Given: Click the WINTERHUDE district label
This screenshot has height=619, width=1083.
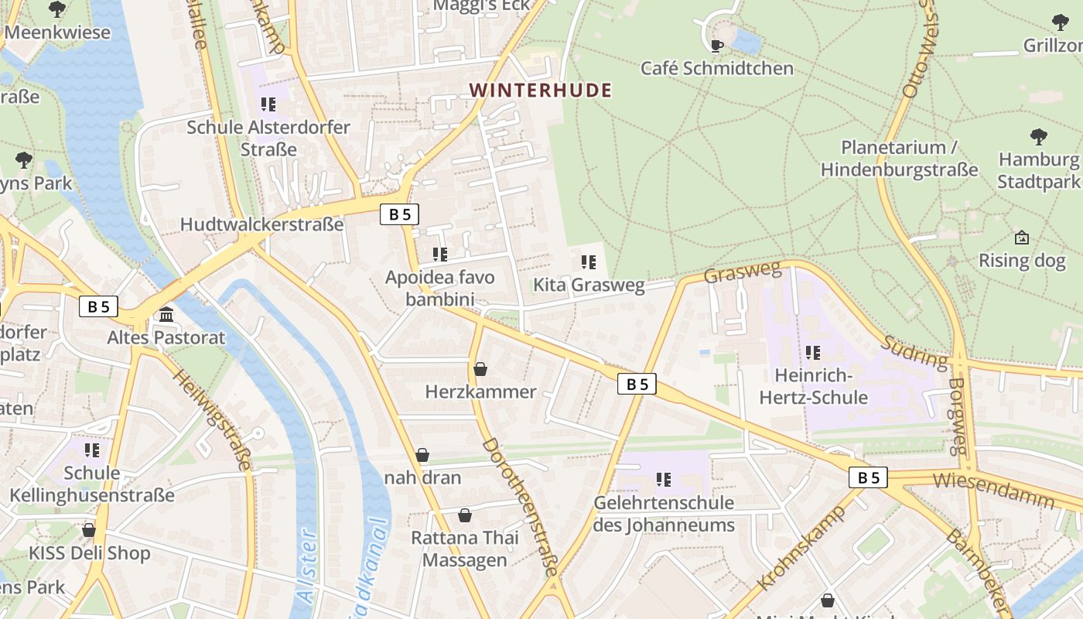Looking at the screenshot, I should (x=540, y=91).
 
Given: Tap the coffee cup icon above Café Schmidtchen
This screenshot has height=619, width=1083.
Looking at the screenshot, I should (x=717, y=46).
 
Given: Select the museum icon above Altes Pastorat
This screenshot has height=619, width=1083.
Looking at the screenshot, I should (x=166, y=315).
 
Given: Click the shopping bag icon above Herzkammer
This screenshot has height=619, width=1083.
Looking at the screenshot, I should (x=480, y=369).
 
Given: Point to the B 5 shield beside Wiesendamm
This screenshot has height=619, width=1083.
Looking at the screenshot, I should (x=869, y=477).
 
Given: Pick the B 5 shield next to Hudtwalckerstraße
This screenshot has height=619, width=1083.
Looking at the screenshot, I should (x=399, y=214).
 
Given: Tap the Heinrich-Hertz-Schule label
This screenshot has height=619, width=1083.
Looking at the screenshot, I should (x=813, y=387).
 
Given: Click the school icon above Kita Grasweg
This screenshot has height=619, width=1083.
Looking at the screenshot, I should (x=589, y=262).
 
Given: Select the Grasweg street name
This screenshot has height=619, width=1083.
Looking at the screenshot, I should (x=743, y=272).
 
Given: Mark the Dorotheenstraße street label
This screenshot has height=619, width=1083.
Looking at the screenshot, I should (x=520, y=507).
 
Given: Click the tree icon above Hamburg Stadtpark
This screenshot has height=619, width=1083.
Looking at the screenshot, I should (x=1038, y=137).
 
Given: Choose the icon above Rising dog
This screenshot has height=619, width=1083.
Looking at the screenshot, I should (x=1021, y=238).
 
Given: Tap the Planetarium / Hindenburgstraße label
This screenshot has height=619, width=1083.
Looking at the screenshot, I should (x=898, y=158).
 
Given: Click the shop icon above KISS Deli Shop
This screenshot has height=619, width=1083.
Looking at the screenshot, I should (x=89, y=530).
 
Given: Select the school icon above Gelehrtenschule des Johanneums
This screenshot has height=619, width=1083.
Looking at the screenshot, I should (x=664, y=480).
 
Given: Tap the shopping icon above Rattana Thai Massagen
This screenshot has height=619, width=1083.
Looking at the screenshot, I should (x=465, y=515).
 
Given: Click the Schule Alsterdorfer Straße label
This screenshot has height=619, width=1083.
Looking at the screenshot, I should (x=268, y=138).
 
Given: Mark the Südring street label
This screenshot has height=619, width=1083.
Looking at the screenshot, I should (x=914, y=352).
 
